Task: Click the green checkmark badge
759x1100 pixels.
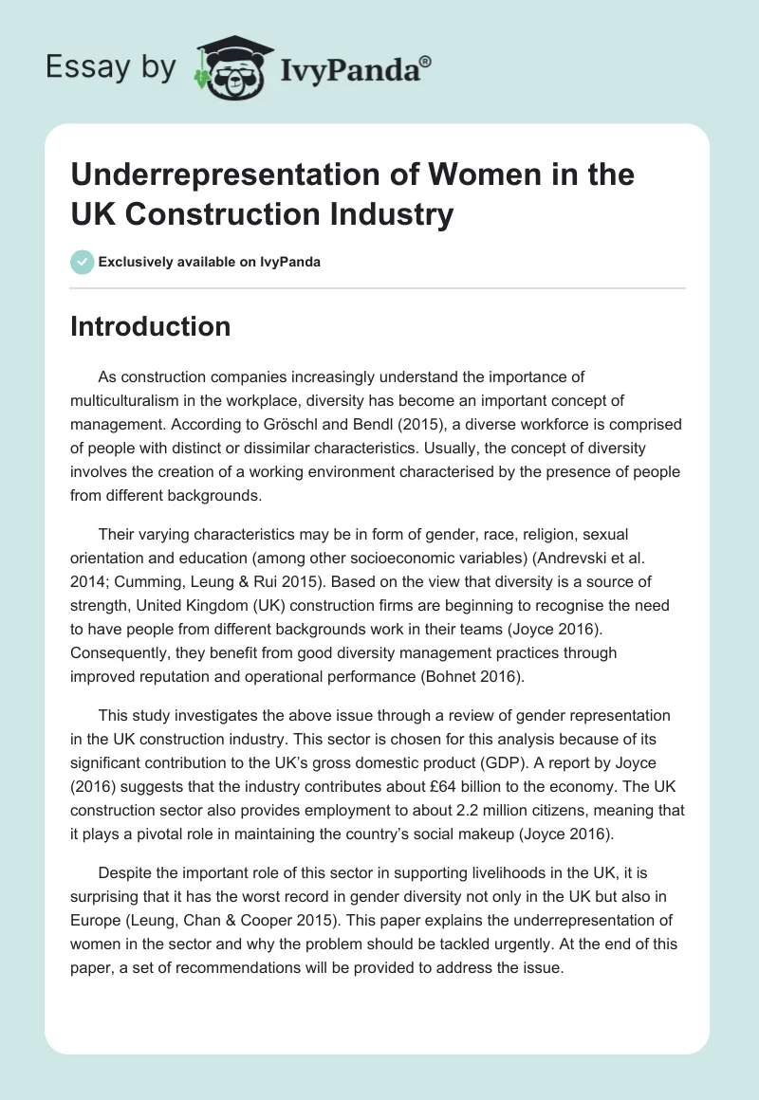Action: [x=83, y=262]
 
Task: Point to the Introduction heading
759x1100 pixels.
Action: [x=151, y=326]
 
